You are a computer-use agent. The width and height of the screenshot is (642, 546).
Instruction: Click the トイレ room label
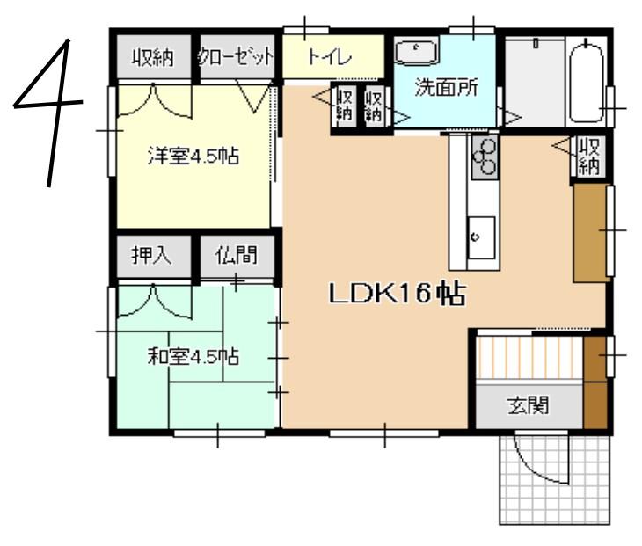tap(330, 57)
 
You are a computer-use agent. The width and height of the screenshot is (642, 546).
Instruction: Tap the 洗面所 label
tap(446, 87)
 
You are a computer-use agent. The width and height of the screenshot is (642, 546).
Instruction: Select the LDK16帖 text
tap(398, 294)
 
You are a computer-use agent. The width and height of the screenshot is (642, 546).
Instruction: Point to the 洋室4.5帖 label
tap(193, 157)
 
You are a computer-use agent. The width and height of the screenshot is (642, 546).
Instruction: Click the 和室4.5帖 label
tap(193, 356)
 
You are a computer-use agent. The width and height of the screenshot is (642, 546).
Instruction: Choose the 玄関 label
tap(529, 405)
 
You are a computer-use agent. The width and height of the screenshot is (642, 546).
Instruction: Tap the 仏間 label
tap(237, 255)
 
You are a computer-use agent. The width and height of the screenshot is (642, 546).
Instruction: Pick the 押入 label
tap(151, 255)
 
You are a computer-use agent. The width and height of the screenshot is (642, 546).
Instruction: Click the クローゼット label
tap(236, 57)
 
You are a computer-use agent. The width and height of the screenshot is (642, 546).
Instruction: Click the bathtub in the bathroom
tap(587, 83)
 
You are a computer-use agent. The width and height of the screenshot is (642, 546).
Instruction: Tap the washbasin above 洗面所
tap(416, 53)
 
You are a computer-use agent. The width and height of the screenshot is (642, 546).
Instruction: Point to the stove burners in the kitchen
tap(485, 157)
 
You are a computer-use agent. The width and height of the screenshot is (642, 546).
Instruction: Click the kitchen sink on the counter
tap(481, 237)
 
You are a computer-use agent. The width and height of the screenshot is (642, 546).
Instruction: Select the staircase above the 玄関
tap(529, 357)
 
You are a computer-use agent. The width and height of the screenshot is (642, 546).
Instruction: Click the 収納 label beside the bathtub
tap(588, 157)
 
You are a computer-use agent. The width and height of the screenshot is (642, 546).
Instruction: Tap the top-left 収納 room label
tap(153, 58)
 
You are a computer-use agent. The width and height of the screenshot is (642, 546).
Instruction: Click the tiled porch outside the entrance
tap(555, 480)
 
